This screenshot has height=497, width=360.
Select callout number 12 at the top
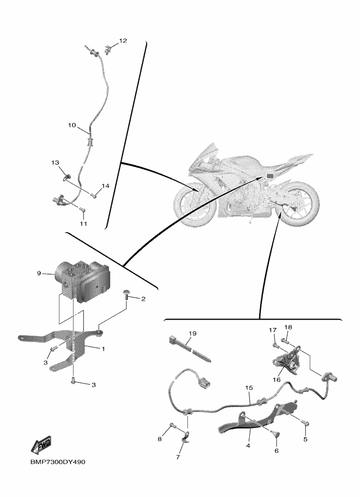pyautogui.click(x=123, y=41)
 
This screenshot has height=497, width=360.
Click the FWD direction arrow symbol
pyautogui.click(x=42, y=445)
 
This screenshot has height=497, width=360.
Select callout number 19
pyautogui.click(x=192, y=334)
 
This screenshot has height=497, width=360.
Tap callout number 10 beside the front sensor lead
pyautogui.click(x=71, y=125)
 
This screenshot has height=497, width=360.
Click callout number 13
pyautogui.click(x=55, y=162)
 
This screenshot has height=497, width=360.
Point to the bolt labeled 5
pyautogui.click(x=304, y=422)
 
